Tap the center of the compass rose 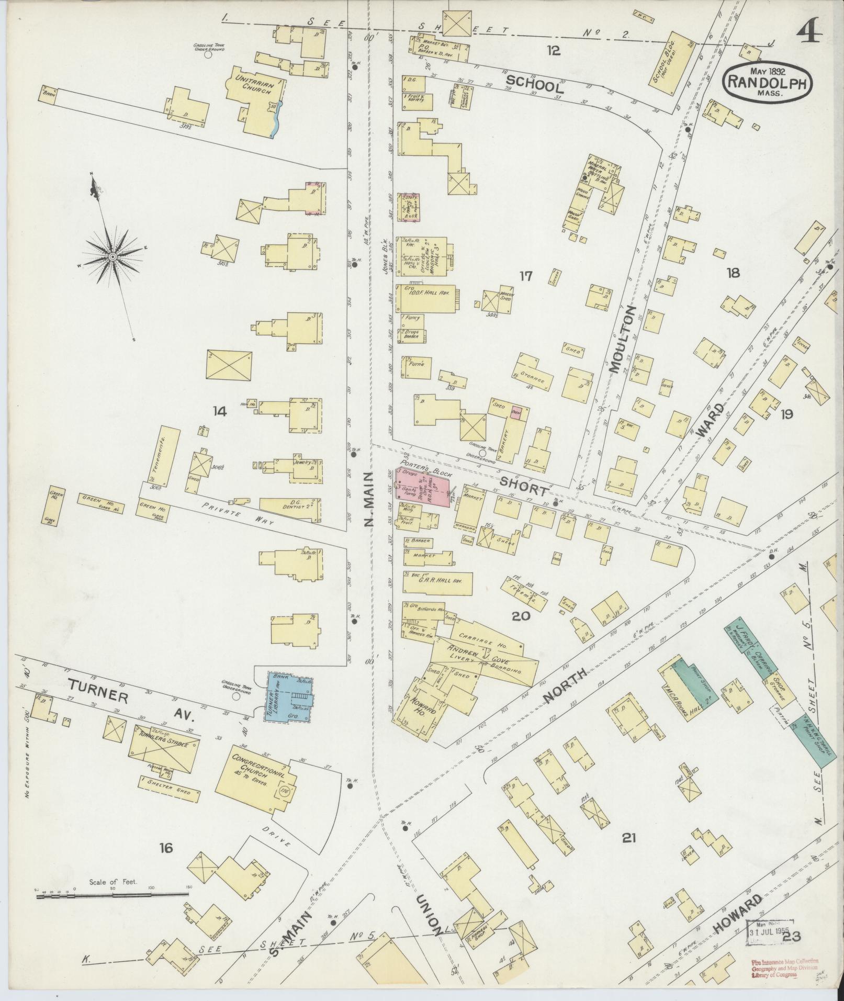point(112,256)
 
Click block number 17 point(525,276)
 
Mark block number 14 point(219,412)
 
